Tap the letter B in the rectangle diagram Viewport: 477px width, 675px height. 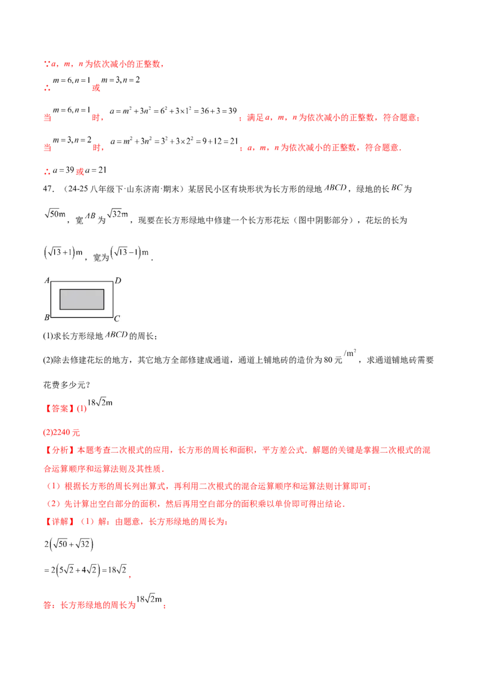[47, 317]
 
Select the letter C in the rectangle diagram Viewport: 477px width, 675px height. [117, 318]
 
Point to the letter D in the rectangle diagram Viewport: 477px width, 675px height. [117, 280]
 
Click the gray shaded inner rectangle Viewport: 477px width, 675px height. [82, 299]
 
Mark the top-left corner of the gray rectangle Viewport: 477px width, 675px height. [60, 289]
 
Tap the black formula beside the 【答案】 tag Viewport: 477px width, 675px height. [98, 404]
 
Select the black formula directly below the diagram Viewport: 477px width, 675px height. [117, 335]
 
